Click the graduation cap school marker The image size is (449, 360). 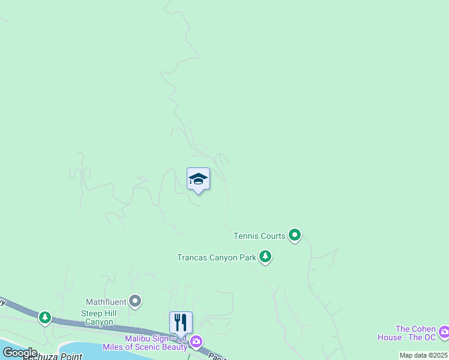198,179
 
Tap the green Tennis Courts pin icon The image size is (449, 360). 294,235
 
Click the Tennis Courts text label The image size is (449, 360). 259,236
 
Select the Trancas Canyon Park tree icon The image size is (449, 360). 265,257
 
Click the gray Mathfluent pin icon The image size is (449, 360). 136,301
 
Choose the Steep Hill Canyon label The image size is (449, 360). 98,317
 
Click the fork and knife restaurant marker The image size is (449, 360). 181,323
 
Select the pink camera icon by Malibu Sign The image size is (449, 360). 196,342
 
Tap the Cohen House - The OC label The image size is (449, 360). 415,333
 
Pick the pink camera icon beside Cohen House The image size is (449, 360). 444,331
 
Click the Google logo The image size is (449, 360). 20,353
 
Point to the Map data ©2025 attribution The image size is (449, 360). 423,355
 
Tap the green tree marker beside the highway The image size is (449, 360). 44,317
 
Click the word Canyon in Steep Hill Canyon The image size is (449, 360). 98,322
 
